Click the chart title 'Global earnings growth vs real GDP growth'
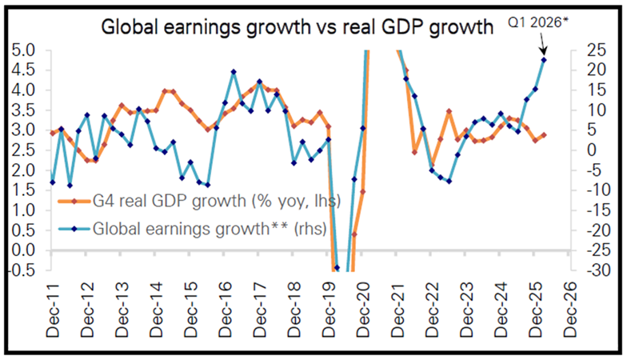[298, 27]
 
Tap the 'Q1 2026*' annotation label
[537, 22]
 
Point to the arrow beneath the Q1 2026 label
[542, 43]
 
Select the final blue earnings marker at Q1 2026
[544, 60]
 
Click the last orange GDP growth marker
[544, 135]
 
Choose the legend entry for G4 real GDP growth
[199, 201]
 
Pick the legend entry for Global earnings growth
[192, 229]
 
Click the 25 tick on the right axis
[597, 50]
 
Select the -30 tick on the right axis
[597, 270]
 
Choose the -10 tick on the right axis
[597, 190]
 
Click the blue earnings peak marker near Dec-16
[234, 72]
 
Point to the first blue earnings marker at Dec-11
[53, 182]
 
